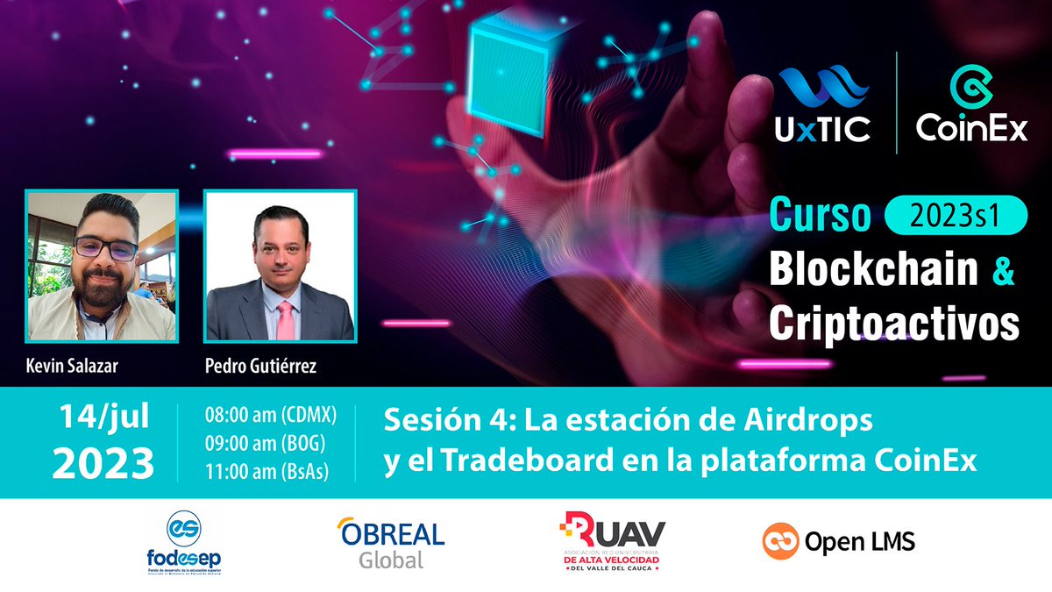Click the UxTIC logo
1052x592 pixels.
821,103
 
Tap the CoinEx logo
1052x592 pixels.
971,103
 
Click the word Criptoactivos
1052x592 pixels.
894,324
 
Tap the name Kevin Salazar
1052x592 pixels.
72,366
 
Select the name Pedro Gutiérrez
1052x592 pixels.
260,366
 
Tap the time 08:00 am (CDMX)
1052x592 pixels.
269,413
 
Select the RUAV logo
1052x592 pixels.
613,542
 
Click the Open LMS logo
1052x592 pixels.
838,541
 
